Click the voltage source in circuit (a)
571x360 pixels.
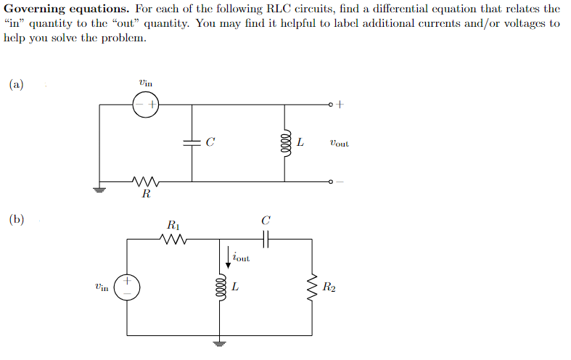click(145, 106)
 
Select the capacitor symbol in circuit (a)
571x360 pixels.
click(192, 143)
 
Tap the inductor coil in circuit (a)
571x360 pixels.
click(285, 143)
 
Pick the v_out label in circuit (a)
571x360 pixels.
click(338, 143)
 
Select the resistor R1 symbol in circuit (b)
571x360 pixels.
click(176, 240)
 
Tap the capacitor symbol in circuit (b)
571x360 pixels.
click(266, 240)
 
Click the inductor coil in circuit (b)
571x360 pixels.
click(218, 287)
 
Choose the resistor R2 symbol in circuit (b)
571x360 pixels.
click(313, 287)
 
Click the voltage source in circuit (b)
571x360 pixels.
click(128, 287)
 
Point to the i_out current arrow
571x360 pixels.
click(229, 258)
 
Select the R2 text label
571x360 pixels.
click(330, 288)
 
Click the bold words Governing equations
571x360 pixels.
click(65, 9)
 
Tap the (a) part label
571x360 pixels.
click(16, 84)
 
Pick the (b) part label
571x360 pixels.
click(16, 219)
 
